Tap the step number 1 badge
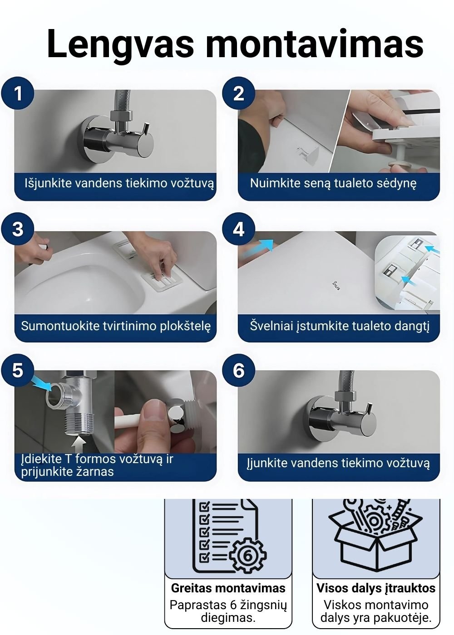pyautogui.click(x=18, y=93)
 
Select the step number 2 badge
pyautogui.click(x=238, y=93)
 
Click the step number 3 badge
pyautogui.click(x=18, y=229)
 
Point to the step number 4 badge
pyautogui.click(x=238, y=229)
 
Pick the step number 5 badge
pyautogui.click(x=18, y=370)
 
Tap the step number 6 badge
pyautogui.click(x=238, y=370)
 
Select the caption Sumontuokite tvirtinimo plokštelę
pyautogui.click(x=116, y=326)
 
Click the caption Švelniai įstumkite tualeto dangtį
pyautogui.click(x=340, y=326)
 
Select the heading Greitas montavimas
pyautogui.click(x=228, y=588)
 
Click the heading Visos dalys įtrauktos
pyautogui.click(x=376, y=588)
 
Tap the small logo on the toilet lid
pyautogui.click(x=336, y=286)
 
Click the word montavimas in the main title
pyautogui.click(x=315, y=45)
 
